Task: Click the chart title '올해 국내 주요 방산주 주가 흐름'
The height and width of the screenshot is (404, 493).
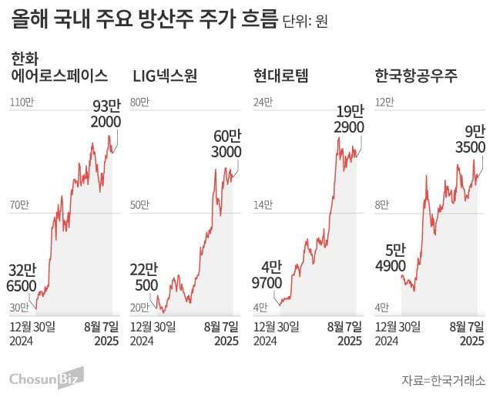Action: [143, 20]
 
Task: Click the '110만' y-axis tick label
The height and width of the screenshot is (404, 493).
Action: [22, 102]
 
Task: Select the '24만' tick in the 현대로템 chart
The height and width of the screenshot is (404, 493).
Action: [263, 102]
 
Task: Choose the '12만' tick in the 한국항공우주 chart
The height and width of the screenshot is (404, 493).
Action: [384, 102]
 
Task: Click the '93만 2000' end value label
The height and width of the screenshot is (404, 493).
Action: [105, 114]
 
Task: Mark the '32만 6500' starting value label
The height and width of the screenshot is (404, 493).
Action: [23, 278]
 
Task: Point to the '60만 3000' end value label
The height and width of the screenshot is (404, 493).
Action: [226, 143]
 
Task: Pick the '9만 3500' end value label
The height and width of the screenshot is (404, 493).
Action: [470, 139]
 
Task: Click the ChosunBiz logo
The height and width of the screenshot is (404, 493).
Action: [45, 378]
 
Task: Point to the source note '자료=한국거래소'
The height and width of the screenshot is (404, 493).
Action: [443, 380]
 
